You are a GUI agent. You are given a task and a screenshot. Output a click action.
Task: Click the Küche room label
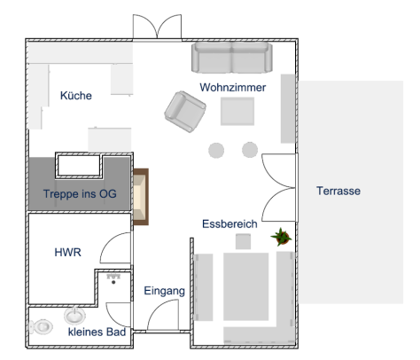tap(76, 96)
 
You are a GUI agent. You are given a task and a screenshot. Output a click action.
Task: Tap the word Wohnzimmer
tap(233, 88)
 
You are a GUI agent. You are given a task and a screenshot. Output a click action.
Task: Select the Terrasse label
tap(338, 191)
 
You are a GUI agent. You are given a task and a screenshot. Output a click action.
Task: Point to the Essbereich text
tap(229, 224)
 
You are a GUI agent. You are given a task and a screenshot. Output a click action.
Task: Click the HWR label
tap(67, 253)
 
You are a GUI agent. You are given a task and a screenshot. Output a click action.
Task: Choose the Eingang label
tap(165, 291)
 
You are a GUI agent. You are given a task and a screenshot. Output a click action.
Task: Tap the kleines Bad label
tap(97, 332)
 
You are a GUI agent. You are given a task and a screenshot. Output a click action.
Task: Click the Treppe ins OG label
tap(80, 194)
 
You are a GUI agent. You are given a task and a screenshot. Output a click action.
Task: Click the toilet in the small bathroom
tap(41, 327)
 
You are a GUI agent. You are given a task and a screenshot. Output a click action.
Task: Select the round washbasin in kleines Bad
tap(74, 316)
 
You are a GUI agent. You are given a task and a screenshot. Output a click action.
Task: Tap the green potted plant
tap(282, 237)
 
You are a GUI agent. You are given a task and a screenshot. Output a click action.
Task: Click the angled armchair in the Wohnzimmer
tap(185, 112)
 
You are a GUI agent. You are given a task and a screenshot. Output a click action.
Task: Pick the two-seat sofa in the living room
tap(232, 58)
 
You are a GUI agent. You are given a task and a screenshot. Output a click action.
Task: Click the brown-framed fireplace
tap(141, 197)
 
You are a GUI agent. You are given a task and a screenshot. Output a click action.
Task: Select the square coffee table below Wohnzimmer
tap(237, 112)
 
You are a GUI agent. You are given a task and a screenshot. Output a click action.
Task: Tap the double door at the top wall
tap(157, 27)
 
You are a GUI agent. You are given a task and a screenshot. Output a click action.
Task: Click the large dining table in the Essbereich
tap(246, 286)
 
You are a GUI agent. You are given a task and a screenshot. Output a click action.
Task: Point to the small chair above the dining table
tap(243, 241)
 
